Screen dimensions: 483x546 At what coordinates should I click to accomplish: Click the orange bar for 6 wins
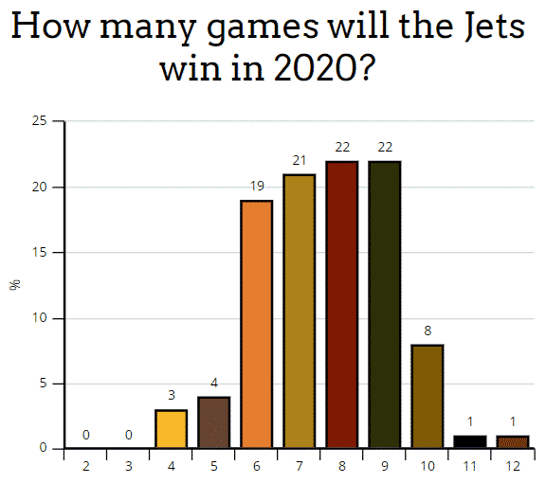pyautogui.click(x=257, y=324)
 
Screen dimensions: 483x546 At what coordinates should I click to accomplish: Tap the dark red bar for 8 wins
pyautogui.click(x=342, y=304)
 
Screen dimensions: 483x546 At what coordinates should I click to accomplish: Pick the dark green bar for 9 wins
pyautogui.click(x=385, y=304)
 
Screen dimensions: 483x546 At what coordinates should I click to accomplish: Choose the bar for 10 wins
pyautogui.click(x=428, y=396)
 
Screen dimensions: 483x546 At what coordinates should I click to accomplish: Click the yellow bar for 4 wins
pyautogui.click(x=172, y=429)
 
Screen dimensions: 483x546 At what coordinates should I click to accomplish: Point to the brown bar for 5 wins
pyautogui.click(x=214, y=422)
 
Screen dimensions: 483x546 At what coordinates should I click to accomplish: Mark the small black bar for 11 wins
pyautogui.click(x=470, y=442)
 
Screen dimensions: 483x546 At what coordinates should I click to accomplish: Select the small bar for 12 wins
pyautogui.click(x=513, y=442)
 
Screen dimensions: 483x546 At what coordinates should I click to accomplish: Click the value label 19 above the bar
pyautogui.click(x=257, y=187)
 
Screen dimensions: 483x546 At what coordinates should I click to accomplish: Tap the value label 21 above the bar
pyautogui.click(x=300, y=161)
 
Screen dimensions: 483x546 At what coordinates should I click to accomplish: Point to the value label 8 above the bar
pyautogui.click(x=428, y=331)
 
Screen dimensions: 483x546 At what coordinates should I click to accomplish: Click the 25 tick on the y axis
pyautogui.click(x=40, y=121)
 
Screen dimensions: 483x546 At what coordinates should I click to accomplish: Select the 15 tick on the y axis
pyautogui.click(x=40, y=253)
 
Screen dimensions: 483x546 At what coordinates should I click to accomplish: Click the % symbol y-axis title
pyautogui.click(x=14, y=284)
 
